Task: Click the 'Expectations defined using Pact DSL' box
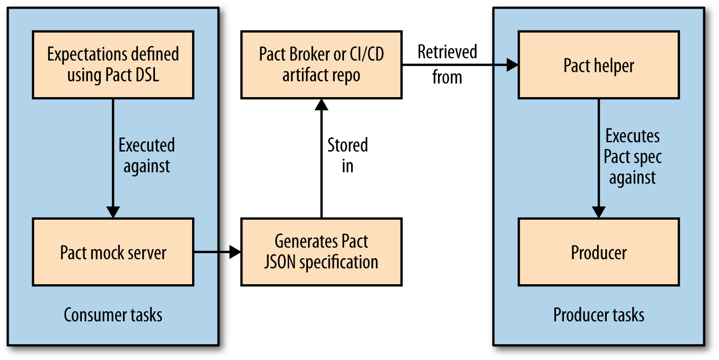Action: (x=113, y=65)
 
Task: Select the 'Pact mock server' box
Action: (x=113, y=252)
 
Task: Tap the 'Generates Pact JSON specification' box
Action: (x=321, y=252)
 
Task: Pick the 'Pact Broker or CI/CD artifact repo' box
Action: (x=321, y=65)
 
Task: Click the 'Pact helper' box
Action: (x=599, y=65)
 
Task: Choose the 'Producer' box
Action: (x=599, y=252)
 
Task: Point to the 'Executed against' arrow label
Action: (x=146, y=156)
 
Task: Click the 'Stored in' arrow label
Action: (x=348, y=156)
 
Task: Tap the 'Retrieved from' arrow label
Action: (x=447, y=65)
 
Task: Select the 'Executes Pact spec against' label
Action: (x=633, y=157)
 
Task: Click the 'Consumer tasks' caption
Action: (x=113, y=315)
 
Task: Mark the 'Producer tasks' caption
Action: (x=599, y=315)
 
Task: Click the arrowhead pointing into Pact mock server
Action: (x=113, y=212)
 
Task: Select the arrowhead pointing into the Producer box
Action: (x=599, y=212)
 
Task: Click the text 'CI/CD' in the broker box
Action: (x=367, y=54)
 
